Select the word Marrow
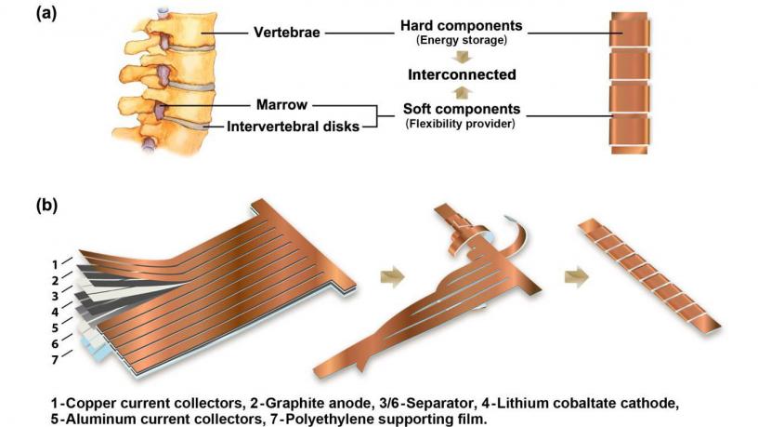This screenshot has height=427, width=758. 281,104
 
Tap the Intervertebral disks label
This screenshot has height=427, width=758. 293,127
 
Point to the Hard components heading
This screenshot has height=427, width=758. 461,26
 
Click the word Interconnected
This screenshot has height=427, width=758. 462,74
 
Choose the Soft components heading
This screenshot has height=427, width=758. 462,109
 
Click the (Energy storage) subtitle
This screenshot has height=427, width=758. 462,40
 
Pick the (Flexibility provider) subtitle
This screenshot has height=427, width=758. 460,124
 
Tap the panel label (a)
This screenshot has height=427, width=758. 46,13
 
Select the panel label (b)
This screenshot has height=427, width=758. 46,206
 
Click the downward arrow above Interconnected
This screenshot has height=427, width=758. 463,57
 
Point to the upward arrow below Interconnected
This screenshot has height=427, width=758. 463,92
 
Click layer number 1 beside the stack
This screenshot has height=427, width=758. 55,265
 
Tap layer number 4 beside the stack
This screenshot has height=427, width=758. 55,312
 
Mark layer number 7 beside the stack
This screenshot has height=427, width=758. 55,360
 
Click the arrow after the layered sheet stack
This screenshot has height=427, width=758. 393,277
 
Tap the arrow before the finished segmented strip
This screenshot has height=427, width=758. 577,277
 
